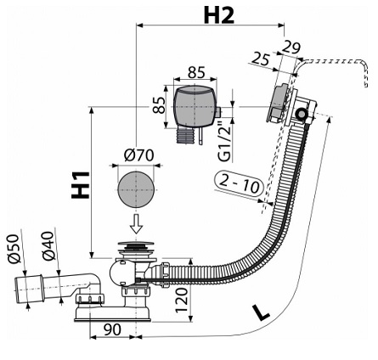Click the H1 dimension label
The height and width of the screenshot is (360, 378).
coord(81,184)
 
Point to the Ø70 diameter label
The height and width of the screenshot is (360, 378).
coord(138,155)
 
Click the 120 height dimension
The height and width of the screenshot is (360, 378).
coord(182,301)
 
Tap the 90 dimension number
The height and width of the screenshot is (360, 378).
coord(112,329)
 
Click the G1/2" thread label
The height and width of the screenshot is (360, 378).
coord(225,143)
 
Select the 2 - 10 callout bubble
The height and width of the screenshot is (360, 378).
coord(240,183)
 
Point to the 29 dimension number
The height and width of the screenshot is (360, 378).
coord(291,48)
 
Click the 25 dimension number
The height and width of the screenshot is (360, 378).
coord(260,59)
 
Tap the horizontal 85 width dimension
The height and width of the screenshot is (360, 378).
coord(196,73)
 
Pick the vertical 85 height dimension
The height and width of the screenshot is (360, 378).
coord(159,105)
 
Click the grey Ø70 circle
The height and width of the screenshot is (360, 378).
coord(136,189)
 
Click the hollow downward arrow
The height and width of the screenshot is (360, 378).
coord(137,223)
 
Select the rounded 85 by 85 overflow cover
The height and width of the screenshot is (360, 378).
coord(195,107)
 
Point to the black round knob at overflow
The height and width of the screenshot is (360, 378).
coord(301,114)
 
